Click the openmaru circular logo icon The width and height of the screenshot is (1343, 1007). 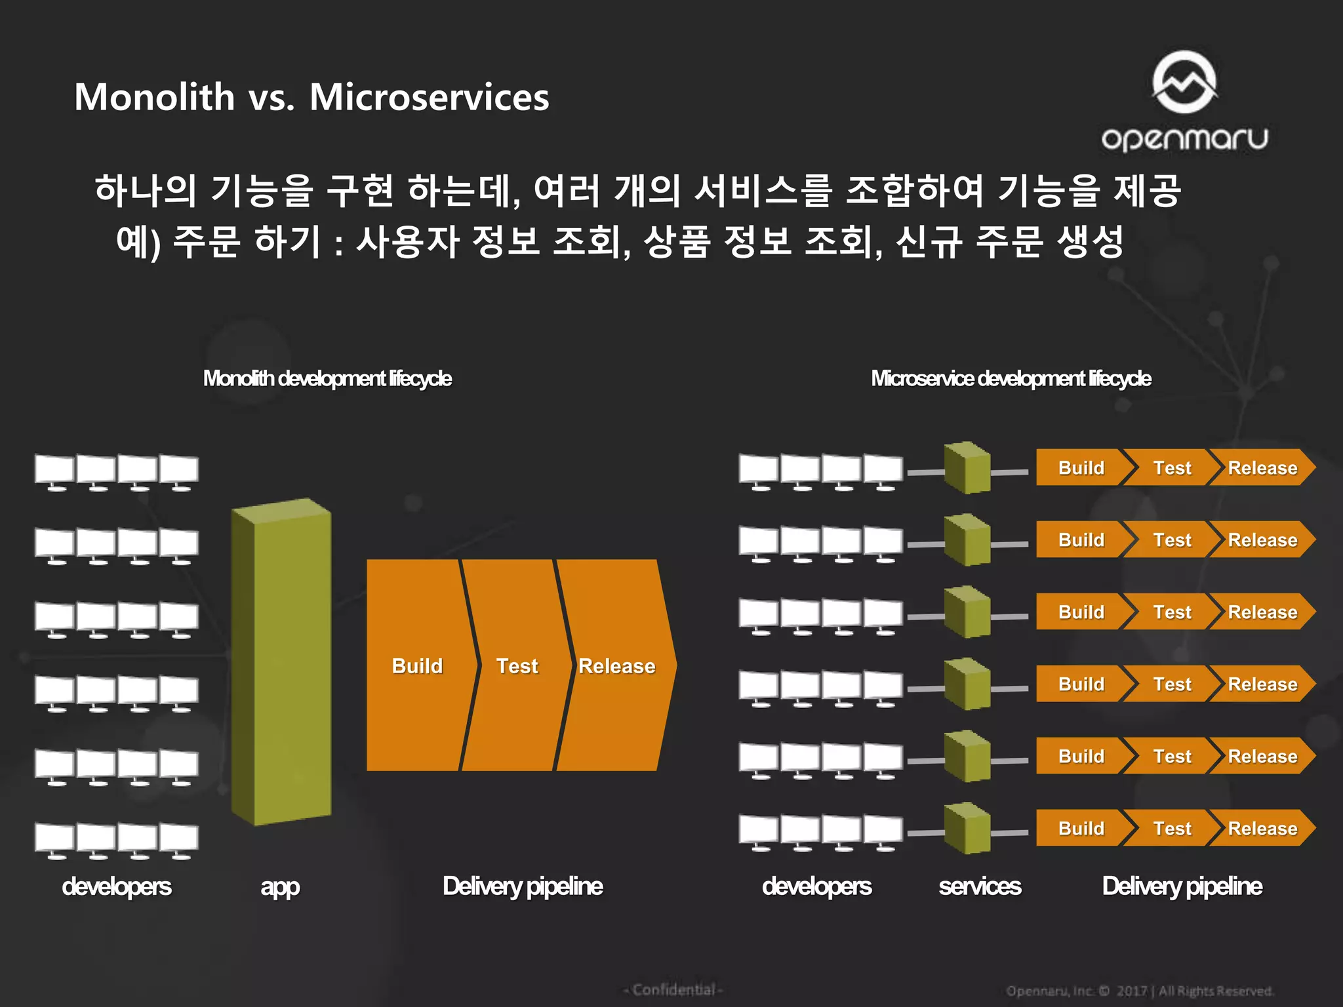[1184, 82]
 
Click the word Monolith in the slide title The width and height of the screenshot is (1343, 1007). [155, 97]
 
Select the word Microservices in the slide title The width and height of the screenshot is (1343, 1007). [429, 97]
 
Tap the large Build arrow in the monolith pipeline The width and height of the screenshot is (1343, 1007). [417, 665]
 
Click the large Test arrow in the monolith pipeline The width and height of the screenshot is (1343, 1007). [517, 665]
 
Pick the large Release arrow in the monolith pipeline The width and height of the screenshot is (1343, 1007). [616, 665]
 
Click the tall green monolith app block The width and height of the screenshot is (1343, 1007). [282, 662]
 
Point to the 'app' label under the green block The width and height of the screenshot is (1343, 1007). [280, 886]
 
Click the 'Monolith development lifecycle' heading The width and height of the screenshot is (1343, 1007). [327, 378]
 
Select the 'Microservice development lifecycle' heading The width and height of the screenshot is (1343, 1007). [1011, 378]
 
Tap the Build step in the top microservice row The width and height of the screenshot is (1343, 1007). [1081, 467]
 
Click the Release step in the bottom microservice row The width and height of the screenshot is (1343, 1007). [1262, 828]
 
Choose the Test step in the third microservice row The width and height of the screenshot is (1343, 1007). [1172, 612]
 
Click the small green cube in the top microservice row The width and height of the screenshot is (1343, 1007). [967, 467]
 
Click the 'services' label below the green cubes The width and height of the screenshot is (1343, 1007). [980, 886]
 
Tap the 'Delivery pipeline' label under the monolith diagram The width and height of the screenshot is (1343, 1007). [523, 886]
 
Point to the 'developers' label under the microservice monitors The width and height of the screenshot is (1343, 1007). [816, 886]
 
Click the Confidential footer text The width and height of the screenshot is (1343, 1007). [673, 989]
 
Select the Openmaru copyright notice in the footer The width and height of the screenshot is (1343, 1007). [1140, 991]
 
